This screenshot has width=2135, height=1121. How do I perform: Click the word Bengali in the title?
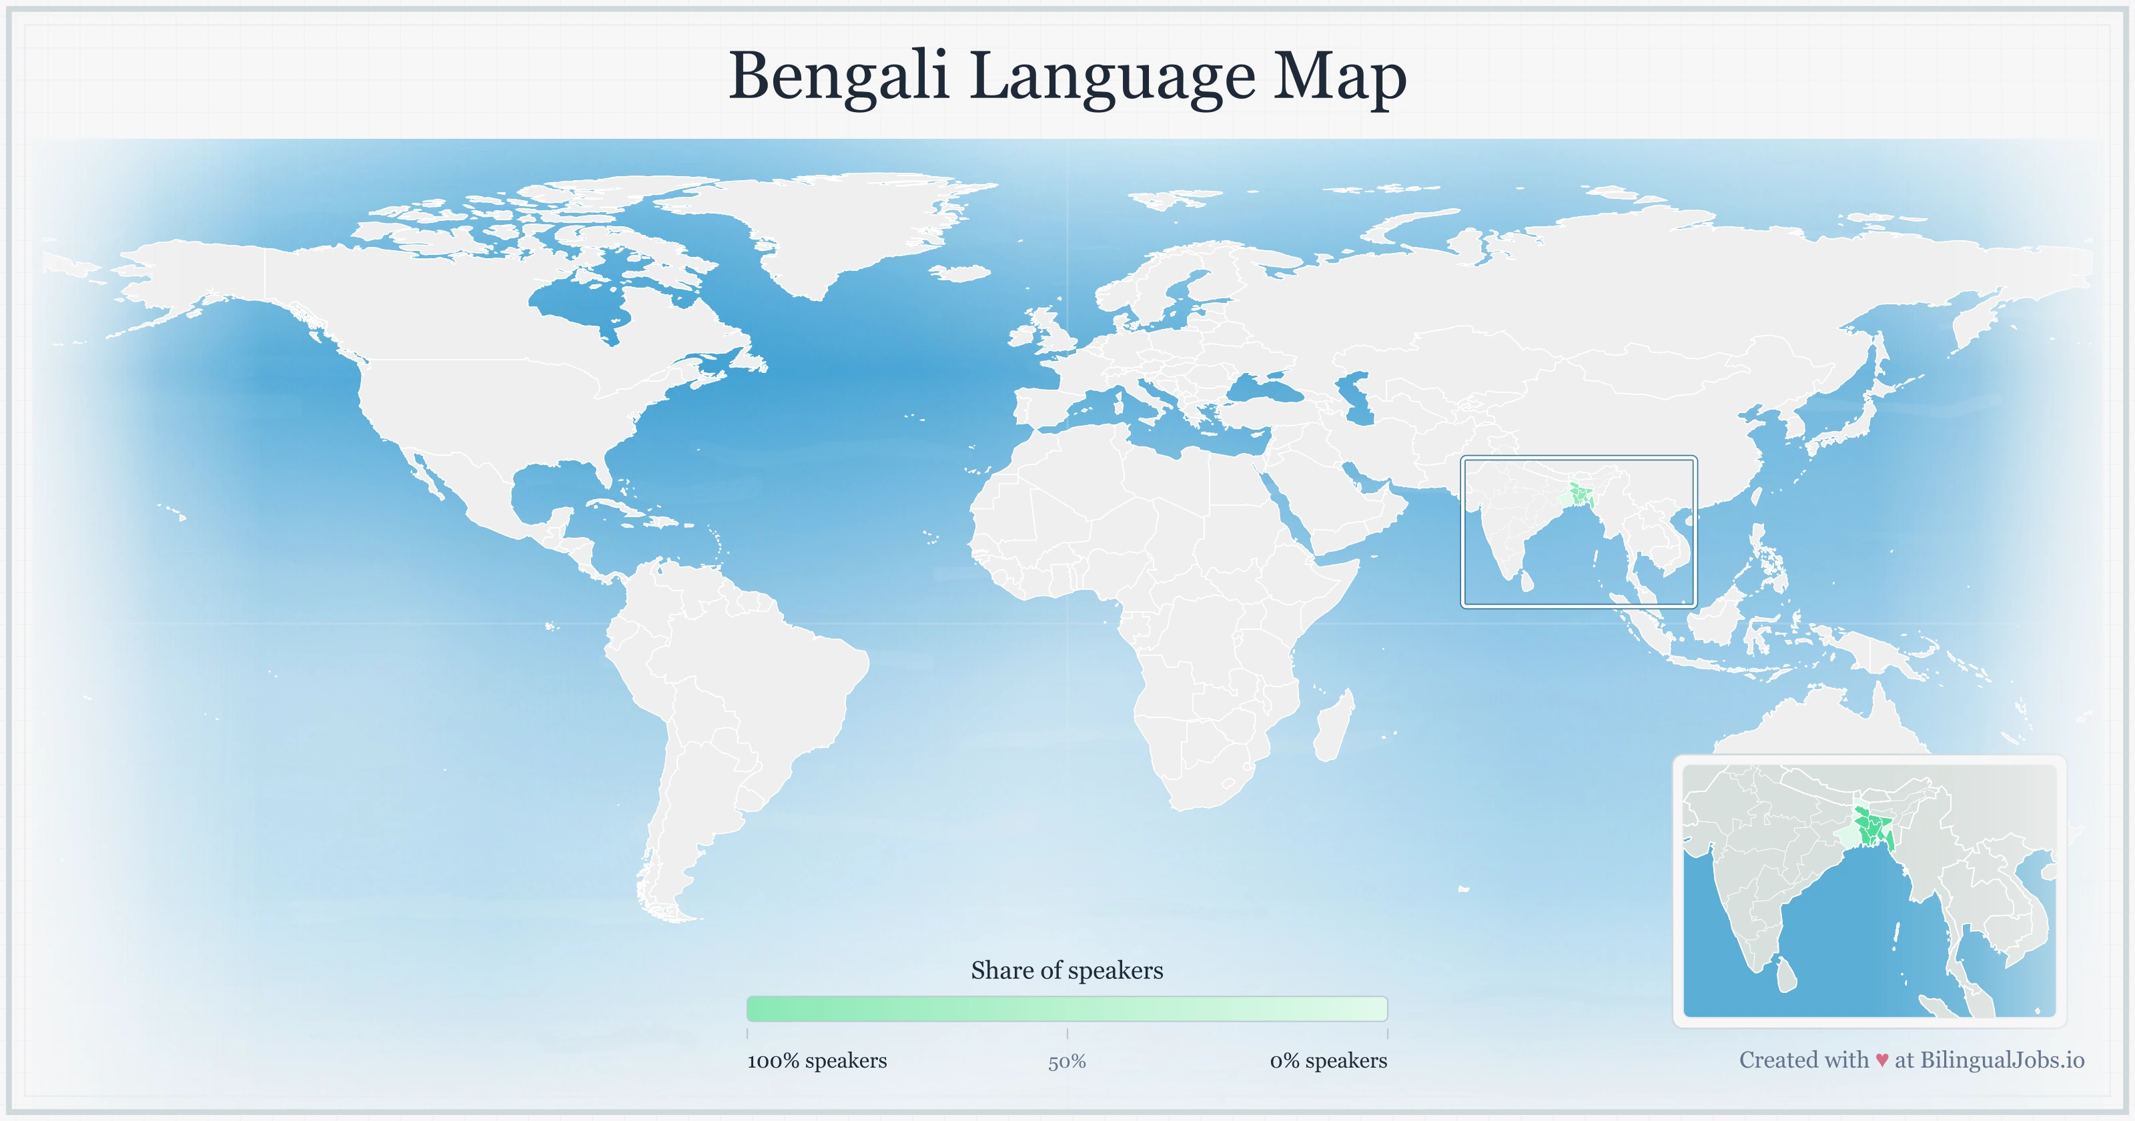tap(837, 76)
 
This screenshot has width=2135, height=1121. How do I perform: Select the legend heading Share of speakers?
tap(1067, 970)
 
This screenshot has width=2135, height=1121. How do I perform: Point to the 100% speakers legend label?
tap(817, 1060)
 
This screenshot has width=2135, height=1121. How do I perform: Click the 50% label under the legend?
tap(1067, 1062)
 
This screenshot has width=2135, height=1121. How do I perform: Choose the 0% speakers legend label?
tap(1328, 1060)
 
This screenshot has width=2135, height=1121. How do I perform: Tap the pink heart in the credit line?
tap(1882, 1060)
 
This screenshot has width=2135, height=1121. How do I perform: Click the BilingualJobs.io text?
tap(2002, 1060)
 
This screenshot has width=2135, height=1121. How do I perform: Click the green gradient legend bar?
tap(1067, 1008)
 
